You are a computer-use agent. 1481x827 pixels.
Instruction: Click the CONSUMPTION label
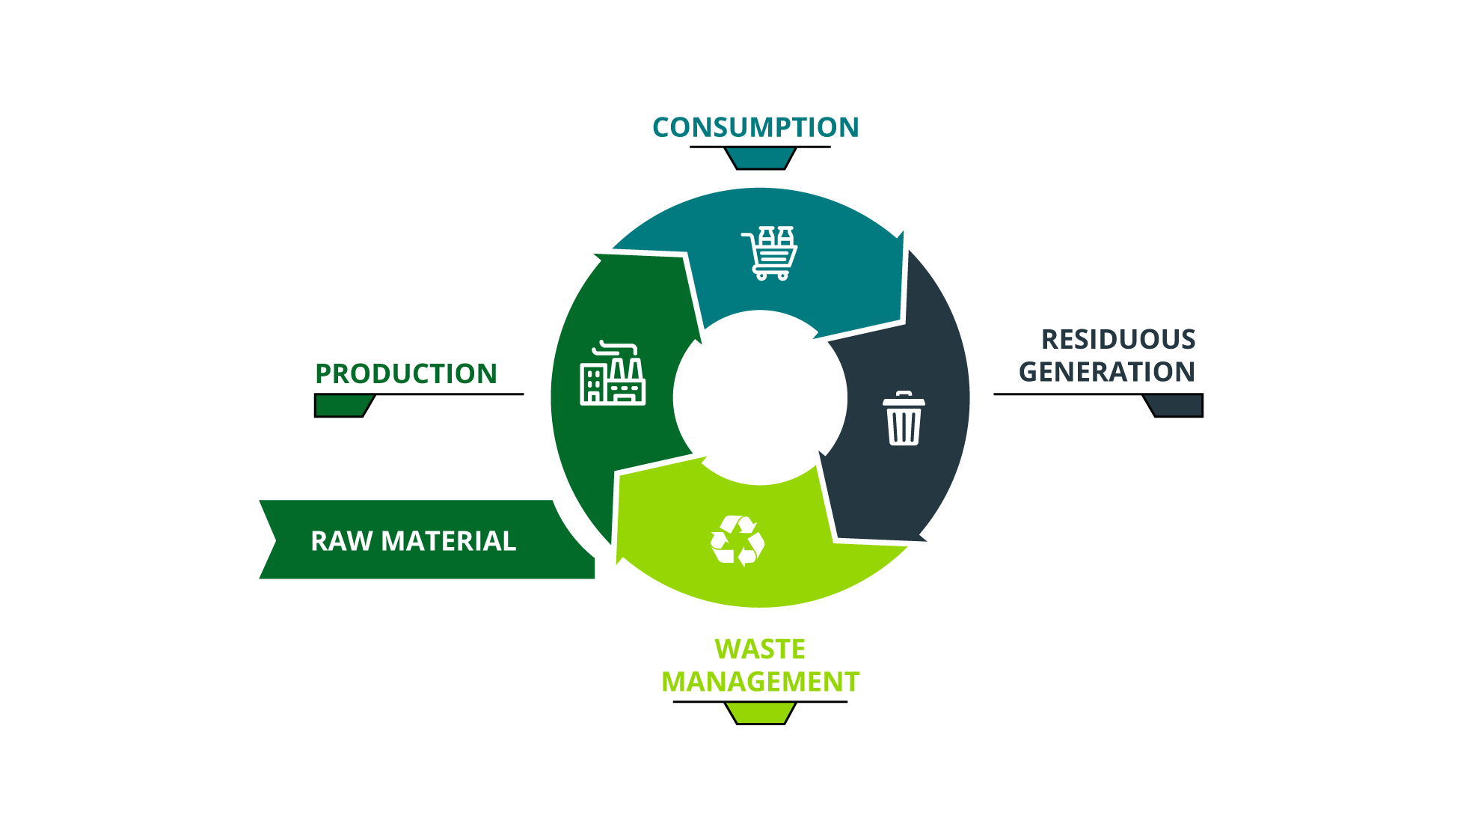point(755,127)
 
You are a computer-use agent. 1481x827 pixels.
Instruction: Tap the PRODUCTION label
point(406,373)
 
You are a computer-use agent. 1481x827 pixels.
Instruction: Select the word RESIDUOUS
point(1118,339)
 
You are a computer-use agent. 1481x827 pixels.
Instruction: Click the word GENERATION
point(1107,371)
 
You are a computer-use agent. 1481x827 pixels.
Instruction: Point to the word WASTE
point(760,649)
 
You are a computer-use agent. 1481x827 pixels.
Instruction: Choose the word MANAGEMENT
point(761,682)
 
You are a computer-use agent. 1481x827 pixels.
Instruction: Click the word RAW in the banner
point(341,540)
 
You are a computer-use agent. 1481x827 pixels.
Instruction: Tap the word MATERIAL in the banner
point(449,540)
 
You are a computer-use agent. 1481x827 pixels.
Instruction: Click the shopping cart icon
point(770,253)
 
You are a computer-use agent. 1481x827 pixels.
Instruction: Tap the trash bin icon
point(904,418)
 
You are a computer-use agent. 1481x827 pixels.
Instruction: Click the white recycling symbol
point(738,540)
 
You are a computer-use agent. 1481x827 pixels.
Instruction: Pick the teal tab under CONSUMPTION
point(760,159)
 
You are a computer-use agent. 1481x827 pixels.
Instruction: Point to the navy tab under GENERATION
point(1174,406)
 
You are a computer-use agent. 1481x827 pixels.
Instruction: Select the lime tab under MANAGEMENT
point(760,713)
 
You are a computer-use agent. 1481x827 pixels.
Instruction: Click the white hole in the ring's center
point(760,397)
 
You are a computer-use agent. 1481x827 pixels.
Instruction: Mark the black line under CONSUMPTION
point(760,147)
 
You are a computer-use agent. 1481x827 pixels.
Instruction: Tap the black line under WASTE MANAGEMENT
point(760,701)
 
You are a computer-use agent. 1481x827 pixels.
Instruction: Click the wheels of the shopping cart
point(772,275)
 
